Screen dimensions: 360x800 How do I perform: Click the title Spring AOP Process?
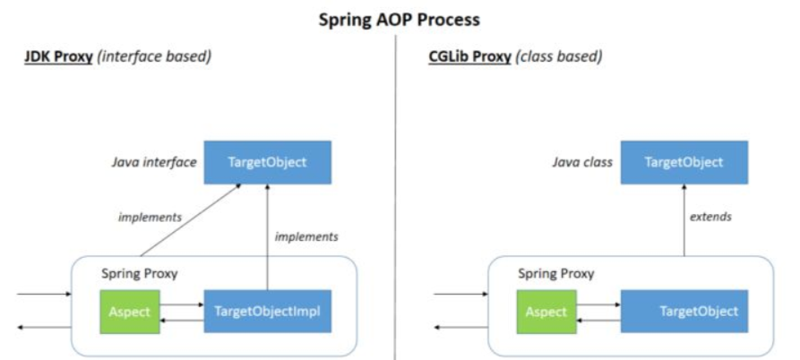pos(400,19)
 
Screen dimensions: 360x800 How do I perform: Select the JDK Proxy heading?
pos(58,56)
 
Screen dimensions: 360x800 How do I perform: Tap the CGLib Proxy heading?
pos(469,56)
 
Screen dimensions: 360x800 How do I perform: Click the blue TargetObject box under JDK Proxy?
pos(267,163)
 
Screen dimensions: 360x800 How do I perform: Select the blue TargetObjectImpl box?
pos(267,311)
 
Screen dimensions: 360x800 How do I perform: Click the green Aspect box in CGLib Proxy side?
pos(546,311)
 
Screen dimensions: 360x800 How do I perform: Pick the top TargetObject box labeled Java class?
pos(684,163)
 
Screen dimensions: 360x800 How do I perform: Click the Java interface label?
pos(153,163)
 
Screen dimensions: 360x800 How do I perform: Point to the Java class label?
pos(582,163)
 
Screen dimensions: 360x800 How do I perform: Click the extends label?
pos(710,217)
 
